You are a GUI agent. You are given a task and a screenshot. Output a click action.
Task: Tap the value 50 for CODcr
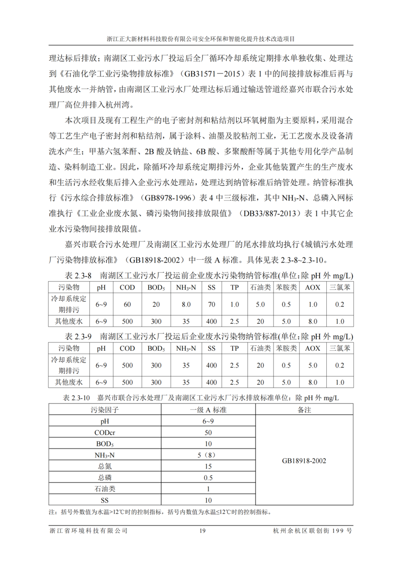(x=208, y=432)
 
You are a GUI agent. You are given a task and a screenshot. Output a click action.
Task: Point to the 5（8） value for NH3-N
(x=208, y=455)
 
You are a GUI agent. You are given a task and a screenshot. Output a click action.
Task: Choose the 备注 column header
(x=304, y=410)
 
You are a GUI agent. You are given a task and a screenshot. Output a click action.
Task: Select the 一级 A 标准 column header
(x=208, y=410)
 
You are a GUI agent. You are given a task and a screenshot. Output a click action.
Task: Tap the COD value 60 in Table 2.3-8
(x=127, y=305)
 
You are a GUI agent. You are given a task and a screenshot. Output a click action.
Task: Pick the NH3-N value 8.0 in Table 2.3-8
(x=186, y=305)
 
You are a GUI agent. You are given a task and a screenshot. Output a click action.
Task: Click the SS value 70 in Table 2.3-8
(x=211, y=305)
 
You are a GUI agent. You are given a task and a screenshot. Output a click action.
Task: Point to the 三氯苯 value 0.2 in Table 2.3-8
(x=340, y=305)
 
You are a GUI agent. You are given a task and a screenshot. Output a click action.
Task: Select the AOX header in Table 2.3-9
(x=313, y=348)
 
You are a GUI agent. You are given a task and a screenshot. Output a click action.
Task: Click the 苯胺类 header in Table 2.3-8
(x=286, y=287)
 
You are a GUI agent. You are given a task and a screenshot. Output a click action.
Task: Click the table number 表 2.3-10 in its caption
(x=76, y=398)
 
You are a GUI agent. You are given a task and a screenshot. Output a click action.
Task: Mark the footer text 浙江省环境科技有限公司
(x=88, y=531)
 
